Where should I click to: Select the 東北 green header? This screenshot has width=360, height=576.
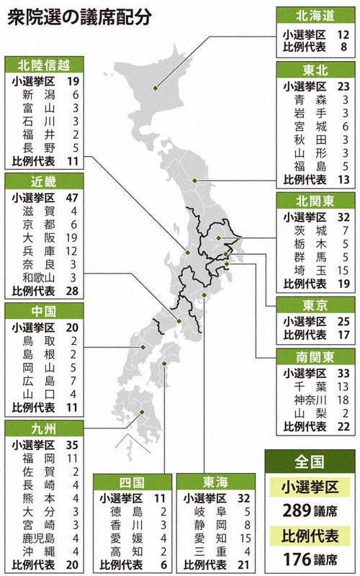tap(314, 69)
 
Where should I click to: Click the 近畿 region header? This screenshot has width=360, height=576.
tap(44, 179)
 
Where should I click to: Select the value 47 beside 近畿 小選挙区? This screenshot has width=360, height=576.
tap(73, 196)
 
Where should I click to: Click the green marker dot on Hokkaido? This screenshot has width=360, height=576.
tap(155, 89)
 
